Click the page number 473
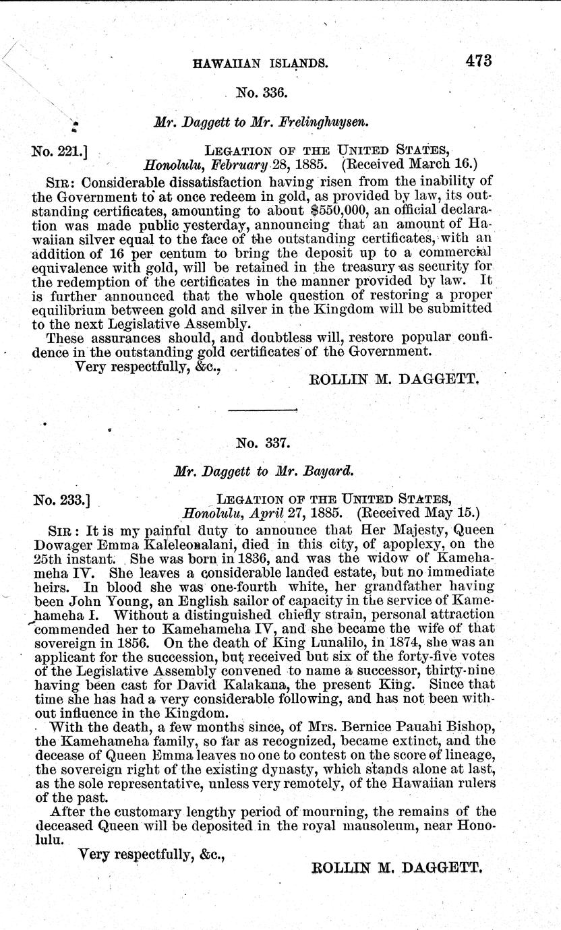(x=478, y=60)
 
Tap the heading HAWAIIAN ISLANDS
(x=261, y=64)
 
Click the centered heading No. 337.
(x=262, y=443)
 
